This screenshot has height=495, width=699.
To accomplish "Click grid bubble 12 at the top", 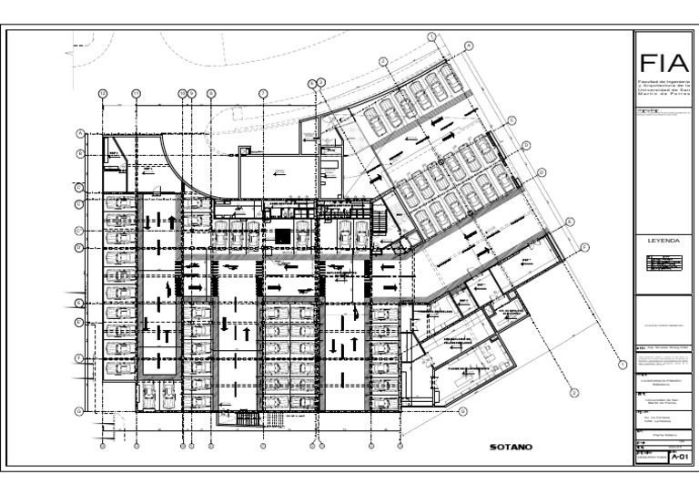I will (x=103, y=93).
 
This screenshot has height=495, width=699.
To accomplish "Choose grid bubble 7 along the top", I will (x=263, y=93).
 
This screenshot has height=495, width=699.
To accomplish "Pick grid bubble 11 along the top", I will (x=136, y=93).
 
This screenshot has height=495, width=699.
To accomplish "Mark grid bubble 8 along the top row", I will (x=211, y=93).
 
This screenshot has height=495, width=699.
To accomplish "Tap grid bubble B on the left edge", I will (x=80, y=154).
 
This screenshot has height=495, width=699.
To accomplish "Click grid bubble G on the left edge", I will (x=80, y=411).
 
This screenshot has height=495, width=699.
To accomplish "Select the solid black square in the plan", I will (x=283, y=236).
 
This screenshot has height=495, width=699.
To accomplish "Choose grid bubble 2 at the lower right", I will (x=575, y=392).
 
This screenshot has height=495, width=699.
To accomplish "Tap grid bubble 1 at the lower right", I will (x=623, y=365).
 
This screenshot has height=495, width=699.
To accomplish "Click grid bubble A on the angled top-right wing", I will (x=469, y=46).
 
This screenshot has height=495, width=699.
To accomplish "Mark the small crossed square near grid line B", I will (x=244, y=150).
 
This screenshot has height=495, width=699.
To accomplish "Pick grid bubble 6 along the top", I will (x=310, y=83).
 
